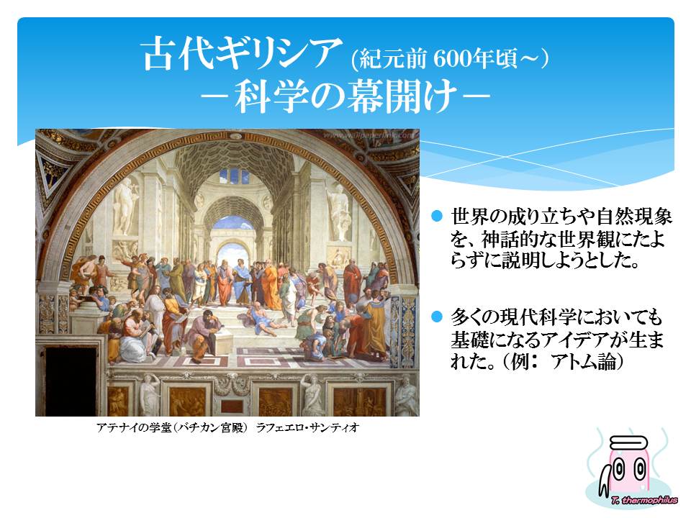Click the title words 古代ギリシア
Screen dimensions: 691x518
click(x=243, y=54)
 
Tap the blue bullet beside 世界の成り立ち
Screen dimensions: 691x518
click(x=437, y=216)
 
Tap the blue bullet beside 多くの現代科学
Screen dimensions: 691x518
click(x=437, y=317)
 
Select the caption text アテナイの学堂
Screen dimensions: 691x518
click(x=134, y=427)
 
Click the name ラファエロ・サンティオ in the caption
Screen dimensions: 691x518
click(x=307, y=427)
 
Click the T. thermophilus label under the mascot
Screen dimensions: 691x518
click(x=644, y=500)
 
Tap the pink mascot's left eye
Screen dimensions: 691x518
click(x=619, y=470)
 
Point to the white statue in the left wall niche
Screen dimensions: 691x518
click(x=125, y=206)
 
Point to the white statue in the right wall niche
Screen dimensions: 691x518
click(x=339, y=212)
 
